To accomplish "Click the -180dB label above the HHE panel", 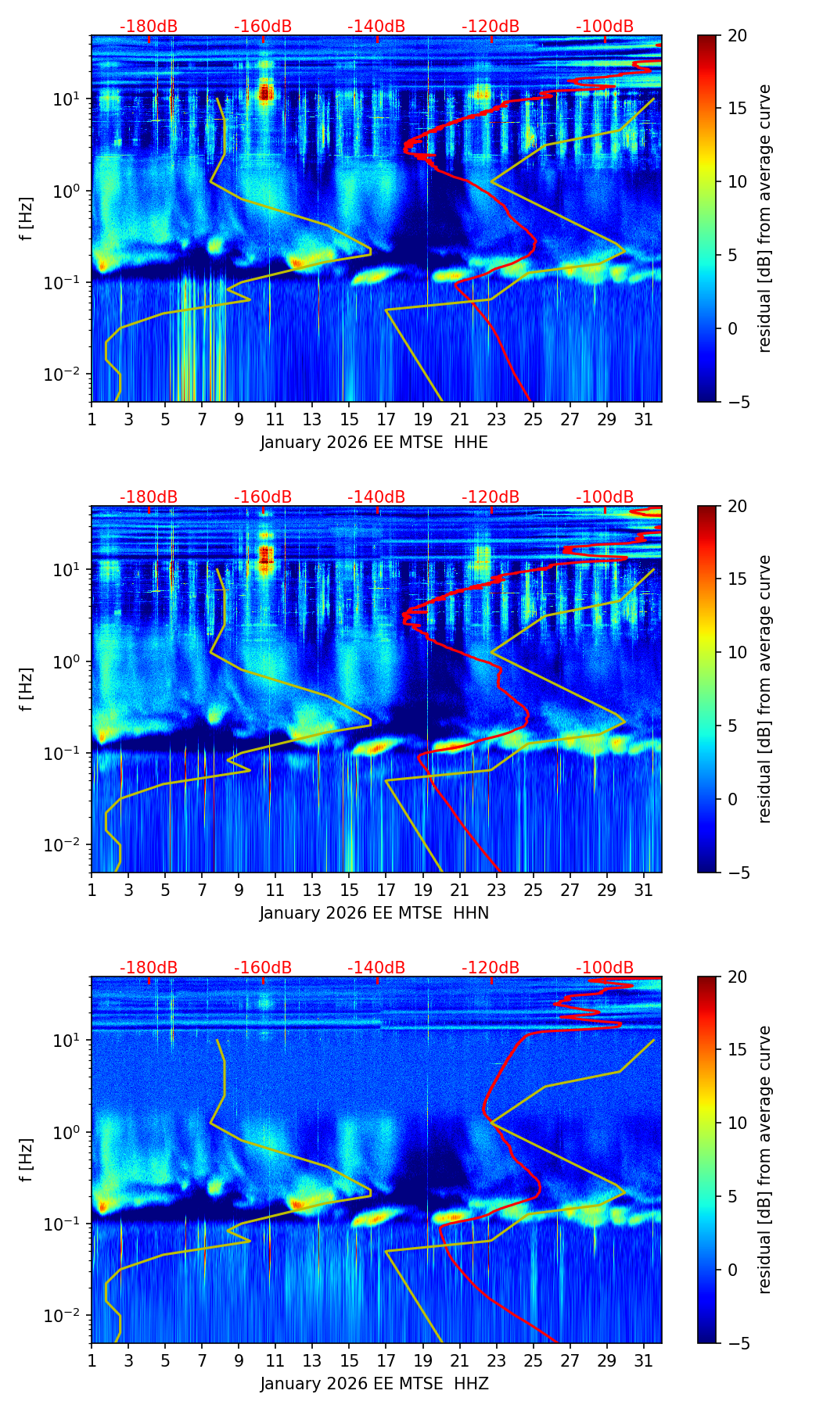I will [x=149, y=27].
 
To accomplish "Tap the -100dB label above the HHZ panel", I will [x=605, y=968].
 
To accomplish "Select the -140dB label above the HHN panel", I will [x=376, y=497].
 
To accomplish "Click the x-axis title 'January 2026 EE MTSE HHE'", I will [x=374, y=443].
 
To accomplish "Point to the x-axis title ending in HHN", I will [x=374, y=913].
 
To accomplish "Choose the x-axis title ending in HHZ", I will [x=374, y=1384].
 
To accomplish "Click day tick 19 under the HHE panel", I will [x=423, y=419].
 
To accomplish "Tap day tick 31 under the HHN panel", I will [x=644, y=890].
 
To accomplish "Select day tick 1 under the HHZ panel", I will [x=92, y=1360].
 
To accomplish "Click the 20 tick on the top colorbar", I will [x=738, y=35].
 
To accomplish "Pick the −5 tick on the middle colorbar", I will [x=738, y=872].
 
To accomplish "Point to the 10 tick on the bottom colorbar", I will [x=738, y=1123].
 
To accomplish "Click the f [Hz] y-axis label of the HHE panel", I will [x=26, y=219].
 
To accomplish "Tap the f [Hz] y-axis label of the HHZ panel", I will [x=26, y=1159].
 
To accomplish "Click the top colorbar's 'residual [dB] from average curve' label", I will [x=765, y=219].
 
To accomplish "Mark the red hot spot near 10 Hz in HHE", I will [x=265, y=94].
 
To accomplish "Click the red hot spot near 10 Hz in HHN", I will [x=265, y=555].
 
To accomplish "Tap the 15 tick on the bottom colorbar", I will [x=738, y=1049].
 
